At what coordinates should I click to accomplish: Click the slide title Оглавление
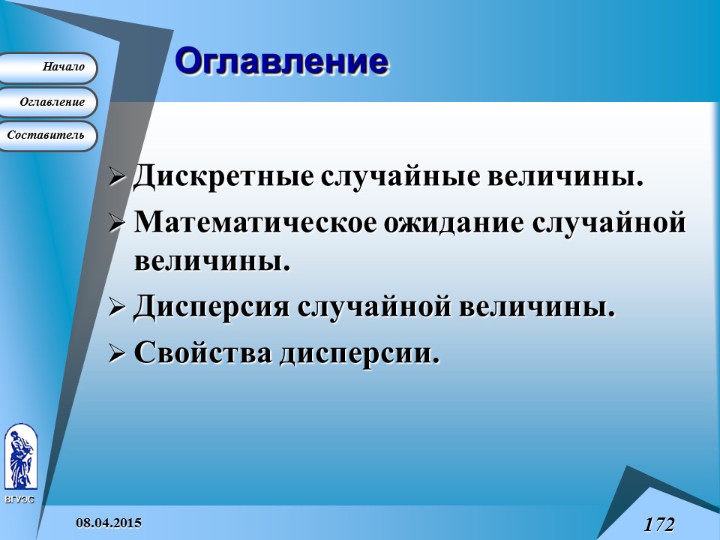[282, 61]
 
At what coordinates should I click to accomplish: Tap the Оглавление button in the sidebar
[51, 102]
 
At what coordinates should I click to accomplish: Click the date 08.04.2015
[108, 522]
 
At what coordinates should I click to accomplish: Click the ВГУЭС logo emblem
[19, 457]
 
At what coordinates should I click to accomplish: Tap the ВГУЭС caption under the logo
[19, 499]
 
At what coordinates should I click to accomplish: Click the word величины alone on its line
[211, 262]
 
